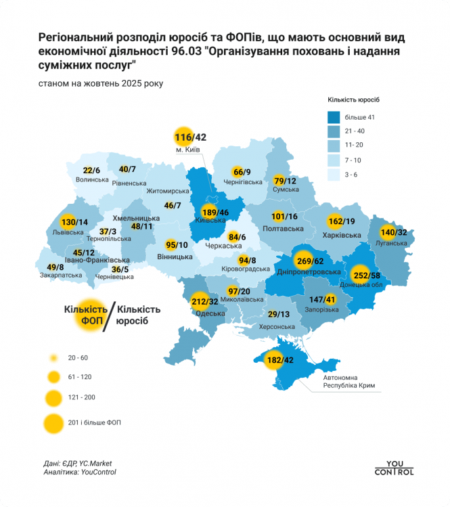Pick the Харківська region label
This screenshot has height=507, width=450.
coord(340,234)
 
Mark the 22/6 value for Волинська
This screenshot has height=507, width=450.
coord(91,171)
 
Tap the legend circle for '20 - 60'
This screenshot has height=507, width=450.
coord(51,357)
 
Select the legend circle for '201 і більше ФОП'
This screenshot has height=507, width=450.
coord(51,422)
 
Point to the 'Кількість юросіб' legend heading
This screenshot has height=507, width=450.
coord(352,100)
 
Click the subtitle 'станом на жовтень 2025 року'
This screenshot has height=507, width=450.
coord(91,83)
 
